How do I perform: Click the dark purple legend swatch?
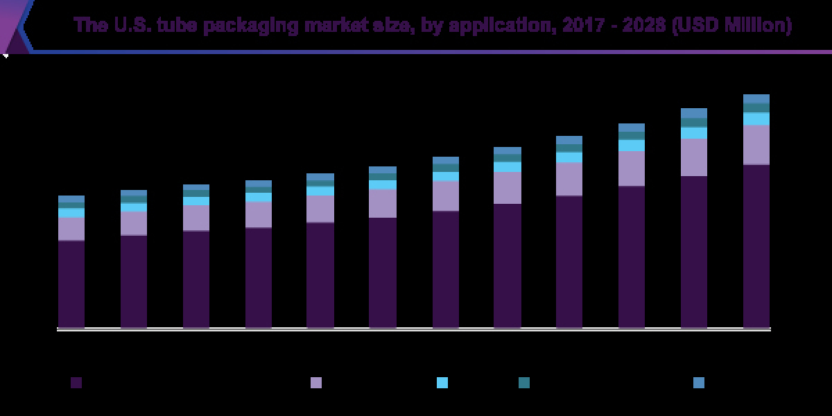76,383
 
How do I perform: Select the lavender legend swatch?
316,383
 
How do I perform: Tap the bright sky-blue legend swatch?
442,383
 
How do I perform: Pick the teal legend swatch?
524,383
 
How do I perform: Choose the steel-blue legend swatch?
699,383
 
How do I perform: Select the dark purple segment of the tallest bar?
756,246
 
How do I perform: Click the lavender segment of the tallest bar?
756,144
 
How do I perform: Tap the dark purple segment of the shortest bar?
71,284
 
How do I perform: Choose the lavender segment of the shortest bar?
71,229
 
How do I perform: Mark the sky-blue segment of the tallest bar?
756,119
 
